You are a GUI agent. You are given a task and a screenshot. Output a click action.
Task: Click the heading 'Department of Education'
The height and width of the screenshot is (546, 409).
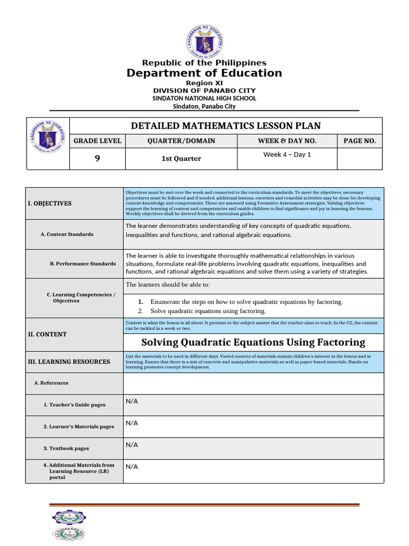tap(204, 73)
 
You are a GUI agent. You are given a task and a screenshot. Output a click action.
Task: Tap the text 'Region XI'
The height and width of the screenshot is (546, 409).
tap(204, 83)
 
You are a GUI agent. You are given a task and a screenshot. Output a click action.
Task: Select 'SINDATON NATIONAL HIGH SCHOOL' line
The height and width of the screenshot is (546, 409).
tap(204, 98)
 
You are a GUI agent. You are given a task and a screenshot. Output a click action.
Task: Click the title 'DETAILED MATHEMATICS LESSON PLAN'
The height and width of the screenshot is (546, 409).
tap(226, 126)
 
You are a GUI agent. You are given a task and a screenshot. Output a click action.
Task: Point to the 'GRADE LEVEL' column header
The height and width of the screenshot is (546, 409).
tap(97, 141)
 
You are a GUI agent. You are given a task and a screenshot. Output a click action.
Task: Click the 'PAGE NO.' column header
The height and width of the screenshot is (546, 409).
tap(359, 141)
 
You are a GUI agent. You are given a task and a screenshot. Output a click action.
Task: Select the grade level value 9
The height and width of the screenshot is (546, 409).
tap(97, 158)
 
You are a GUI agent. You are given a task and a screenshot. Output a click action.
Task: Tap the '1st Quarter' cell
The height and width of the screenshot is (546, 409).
tap(182, 158)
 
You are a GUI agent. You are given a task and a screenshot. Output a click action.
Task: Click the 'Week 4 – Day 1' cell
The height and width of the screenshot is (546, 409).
tap(287, 155)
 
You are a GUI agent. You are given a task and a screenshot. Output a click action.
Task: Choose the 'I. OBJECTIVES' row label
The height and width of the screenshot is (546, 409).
tap(50, 203)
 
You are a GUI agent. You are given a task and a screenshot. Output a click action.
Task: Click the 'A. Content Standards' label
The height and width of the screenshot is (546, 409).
tap(67, 234)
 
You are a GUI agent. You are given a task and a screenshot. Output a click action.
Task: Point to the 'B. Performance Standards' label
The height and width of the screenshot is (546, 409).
tap(83, 263)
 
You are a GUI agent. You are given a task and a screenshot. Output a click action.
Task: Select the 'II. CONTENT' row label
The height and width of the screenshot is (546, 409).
tap(47, 334)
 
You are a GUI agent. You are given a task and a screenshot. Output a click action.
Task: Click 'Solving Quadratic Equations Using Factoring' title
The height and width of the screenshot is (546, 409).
tap(253, 342)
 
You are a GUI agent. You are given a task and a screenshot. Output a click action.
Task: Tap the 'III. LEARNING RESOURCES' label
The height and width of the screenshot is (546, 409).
tap(69, 362)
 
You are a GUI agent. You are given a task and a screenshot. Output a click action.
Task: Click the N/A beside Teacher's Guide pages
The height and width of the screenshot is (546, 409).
tap(132, 401)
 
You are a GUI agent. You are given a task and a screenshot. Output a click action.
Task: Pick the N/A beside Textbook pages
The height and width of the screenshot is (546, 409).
tap(132, 444)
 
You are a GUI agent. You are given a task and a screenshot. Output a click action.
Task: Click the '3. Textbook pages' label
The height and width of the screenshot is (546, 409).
tap(66, 448)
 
